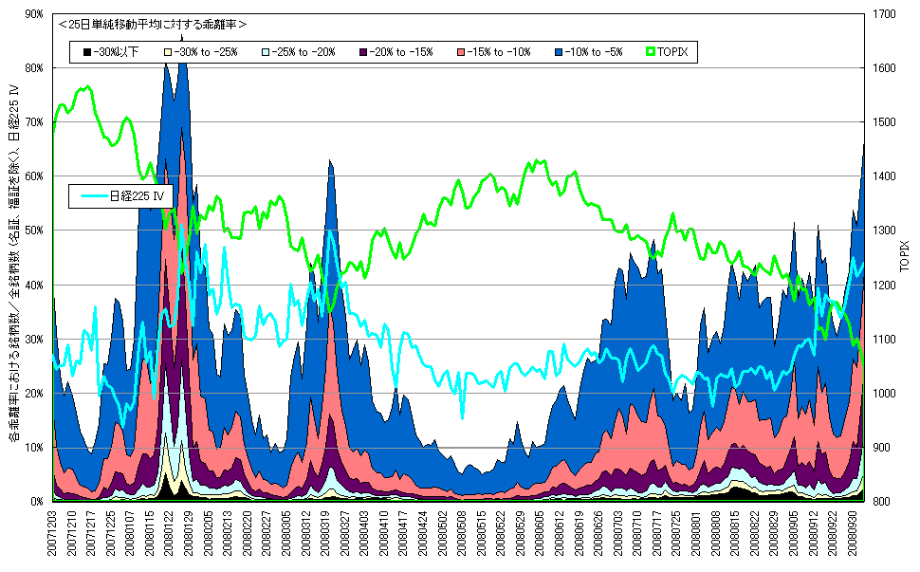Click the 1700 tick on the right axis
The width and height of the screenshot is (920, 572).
(884, 14)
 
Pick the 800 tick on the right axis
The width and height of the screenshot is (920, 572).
(881, 501)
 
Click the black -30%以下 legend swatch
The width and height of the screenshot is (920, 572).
(86, 52)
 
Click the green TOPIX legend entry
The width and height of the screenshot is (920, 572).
(670, 52)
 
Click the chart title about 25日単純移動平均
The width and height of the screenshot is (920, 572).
(152, 24)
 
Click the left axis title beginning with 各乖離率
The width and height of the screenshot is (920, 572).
(13, 266)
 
